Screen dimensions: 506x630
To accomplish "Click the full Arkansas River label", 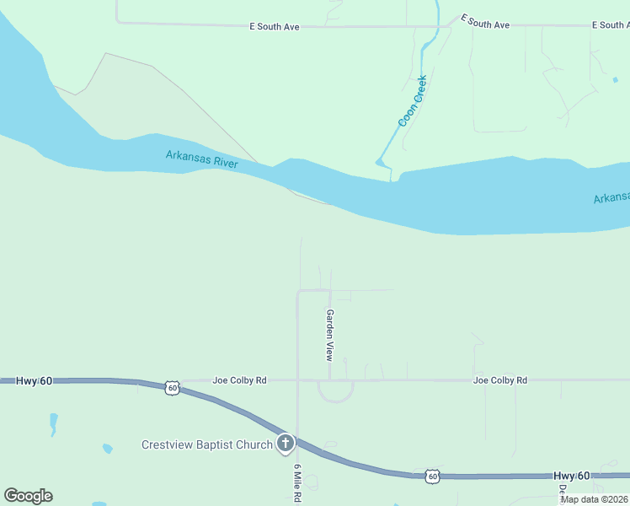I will (201, 159).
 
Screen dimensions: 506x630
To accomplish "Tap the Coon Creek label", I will (413, 101).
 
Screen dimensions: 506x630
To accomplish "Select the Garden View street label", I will (330, 335).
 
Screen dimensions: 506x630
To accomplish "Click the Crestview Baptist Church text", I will (206, 444).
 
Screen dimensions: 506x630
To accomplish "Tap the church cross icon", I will (286, 443).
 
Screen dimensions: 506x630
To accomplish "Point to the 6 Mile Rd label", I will (297, 483).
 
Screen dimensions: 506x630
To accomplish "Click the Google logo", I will (28, 496).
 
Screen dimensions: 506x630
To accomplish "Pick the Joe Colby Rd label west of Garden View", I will (239, 380).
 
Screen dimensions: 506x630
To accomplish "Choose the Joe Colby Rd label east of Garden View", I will (499, 380).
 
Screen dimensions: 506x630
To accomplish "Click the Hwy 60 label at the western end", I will (34, 381).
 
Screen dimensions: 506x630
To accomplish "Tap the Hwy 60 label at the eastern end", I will (573, 476).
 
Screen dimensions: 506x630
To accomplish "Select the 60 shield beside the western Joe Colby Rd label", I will (172, 388).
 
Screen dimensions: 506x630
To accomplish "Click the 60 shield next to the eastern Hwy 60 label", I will (432, 476).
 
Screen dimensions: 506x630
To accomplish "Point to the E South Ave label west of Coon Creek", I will (275, 27).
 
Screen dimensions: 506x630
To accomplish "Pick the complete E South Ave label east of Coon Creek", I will (484, 24).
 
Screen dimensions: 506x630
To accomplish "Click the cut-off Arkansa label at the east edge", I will (611, 198).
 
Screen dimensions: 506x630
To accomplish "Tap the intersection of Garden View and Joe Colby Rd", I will (329, 380).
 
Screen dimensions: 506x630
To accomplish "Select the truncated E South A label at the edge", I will (611, 25).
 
